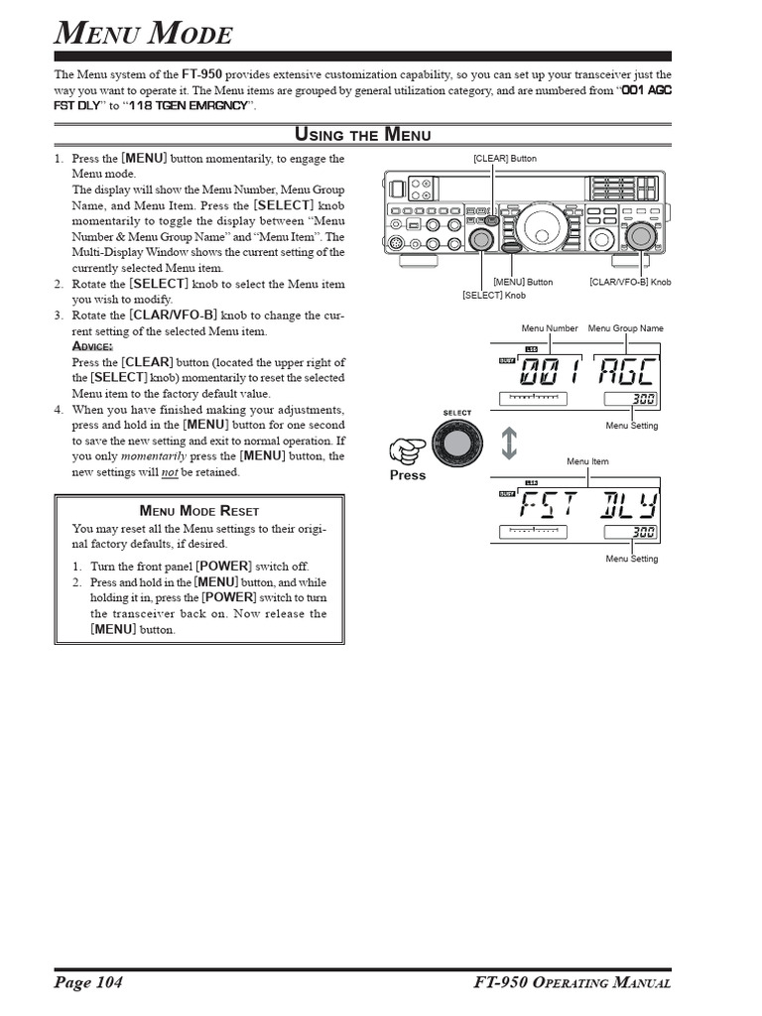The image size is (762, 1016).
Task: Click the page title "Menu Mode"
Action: coord(143,36)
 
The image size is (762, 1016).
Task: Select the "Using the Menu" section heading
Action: coord(363,135)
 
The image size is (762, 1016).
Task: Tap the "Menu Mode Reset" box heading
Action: coord(198,510)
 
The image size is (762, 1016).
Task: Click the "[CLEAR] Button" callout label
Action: coord(505,159)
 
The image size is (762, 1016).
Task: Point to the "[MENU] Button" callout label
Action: coord(523,283)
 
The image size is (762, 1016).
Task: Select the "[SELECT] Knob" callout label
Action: coord(494,296)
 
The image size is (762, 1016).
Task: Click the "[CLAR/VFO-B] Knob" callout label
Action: coord(630,283)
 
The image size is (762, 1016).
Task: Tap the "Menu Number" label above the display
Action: coord(550,328)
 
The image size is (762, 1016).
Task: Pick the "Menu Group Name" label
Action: coord(625,328)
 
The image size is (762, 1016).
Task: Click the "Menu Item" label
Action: coord(587,461)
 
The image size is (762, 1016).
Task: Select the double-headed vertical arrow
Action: coord(509,443)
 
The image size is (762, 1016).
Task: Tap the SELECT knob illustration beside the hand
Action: coord(457,445)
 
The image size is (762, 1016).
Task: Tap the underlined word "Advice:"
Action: coord(92,346)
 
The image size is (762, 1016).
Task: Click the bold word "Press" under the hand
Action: coord(407,475)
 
